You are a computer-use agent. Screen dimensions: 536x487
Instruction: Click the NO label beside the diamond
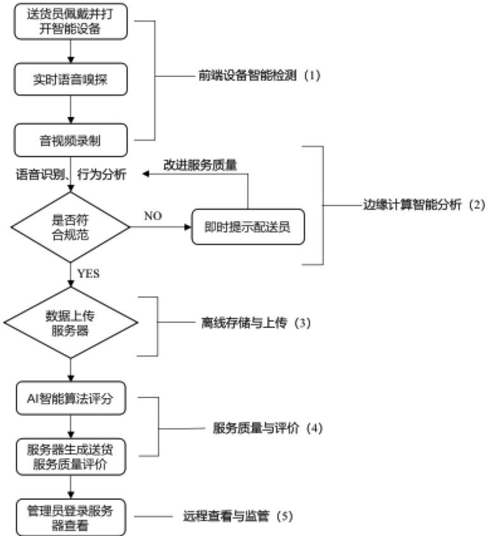tap(153, 216)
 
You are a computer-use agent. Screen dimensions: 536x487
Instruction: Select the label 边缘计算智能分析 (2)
tap(414, 205)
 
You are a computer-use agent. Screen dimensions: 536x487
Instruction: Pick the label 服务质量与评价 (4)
tap(268, 428)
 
